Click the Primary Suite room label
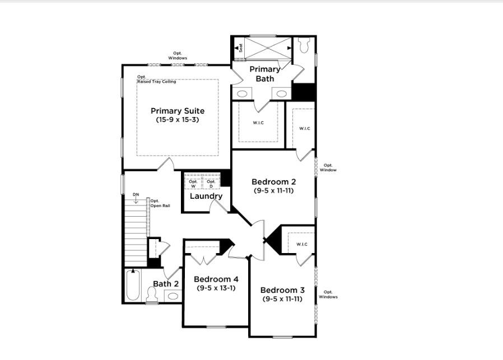pyautogui.click(x=177, y=111)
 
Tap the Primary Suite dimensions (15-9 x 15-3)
pyautogui.click(x=177, y=120)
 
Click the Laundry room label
pyautogui.click(x=206, y=196)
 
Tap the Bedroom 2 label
pyautogui.click(x=274, y=181)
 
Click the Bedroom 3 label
pyautogui.click(x=282, y=290)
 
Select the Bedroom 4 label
pyautogui.click(x=216, y=279)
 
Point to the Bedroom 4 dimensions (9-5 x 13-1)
pyautogui.click(x=216, y=288)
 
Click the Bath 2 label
pyautogui.click(x=166, y=284)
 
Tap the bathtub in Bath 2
pyautogui.click(x=133, y=286)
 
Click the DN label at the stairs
pyautogui.click(x=136, y=195)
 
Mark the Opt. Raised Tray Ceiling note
pyautogui.click(x=156, y=80)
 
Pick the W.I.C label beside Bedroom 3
pyautogui.click(x=302, y=244)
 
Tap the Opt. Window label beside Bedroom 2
pyautogui.click(x=328, y=167)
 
